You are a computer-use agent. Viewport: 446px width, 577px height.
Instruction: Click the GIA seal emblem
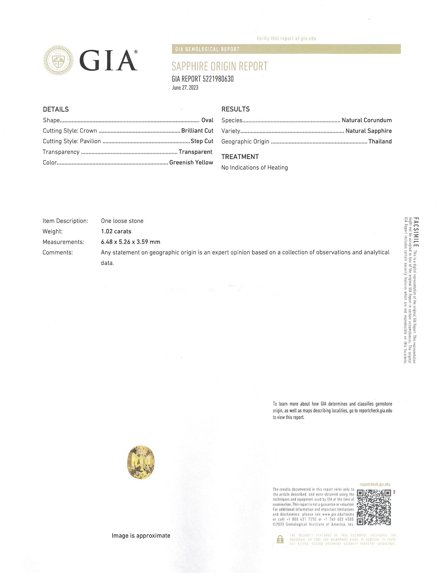tap(59, 60)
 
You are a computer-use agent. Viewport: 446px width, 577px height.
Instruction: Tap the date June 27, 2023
tap(185, 88)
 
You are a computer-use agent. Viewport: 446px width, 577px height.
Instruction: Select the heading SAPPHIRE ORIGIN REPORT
tap(220, 66)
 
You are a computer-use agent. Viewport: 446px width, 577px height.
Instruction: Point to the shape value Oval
tap(208, 120)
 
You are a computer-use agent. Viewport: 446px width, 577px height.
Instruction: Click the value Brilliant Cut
tap(197, 131)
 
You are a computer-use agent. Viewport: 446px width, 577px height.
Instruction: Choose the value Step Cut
tap(202, 141)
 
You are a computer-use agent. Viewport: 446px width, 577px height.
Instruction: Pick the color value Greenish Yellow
tap(191, 163)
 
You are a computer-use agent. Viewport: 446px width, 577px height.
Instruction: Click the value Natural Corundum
tap(367, 120)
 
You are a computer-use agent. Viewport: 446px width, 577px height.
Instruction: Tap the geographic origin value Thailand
tap(380, 141)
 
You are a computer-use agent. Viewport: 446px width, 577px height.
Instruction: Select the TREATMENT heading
tap(240, 157)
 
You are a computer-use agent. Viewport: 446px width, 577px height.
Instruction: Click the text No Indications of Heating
tap(254, 168)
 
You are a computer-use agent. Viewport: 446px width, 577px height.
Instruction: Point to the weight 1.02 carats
tap(116, 231)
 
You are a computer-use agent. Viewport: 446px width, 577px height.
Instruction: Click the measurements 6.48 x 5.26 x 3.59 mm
tap(131, 242)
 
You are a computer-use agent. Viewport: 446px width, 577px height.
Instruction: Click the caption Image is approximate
tap(141, 536)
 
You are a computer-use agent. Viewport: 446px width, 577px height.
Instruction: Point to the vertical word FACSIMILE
tap(416, 232)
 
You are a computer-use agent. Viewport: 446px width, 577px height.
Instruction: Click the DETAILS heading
tap(56, 109)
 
